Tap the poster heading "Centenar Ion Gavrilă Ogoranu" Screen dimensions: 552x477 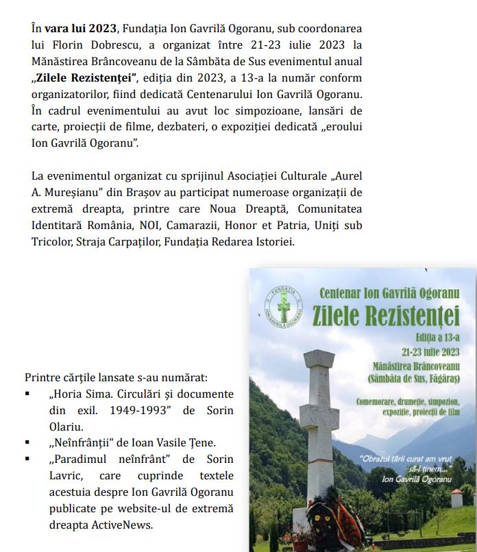(389, 291)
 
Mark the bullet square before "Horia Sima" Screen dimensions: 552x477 (27, 394)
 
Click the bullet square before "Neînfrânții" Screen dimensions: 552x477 (27, 443)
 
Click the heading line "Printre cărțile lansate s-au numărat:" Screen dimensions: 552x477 (116, 378)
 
